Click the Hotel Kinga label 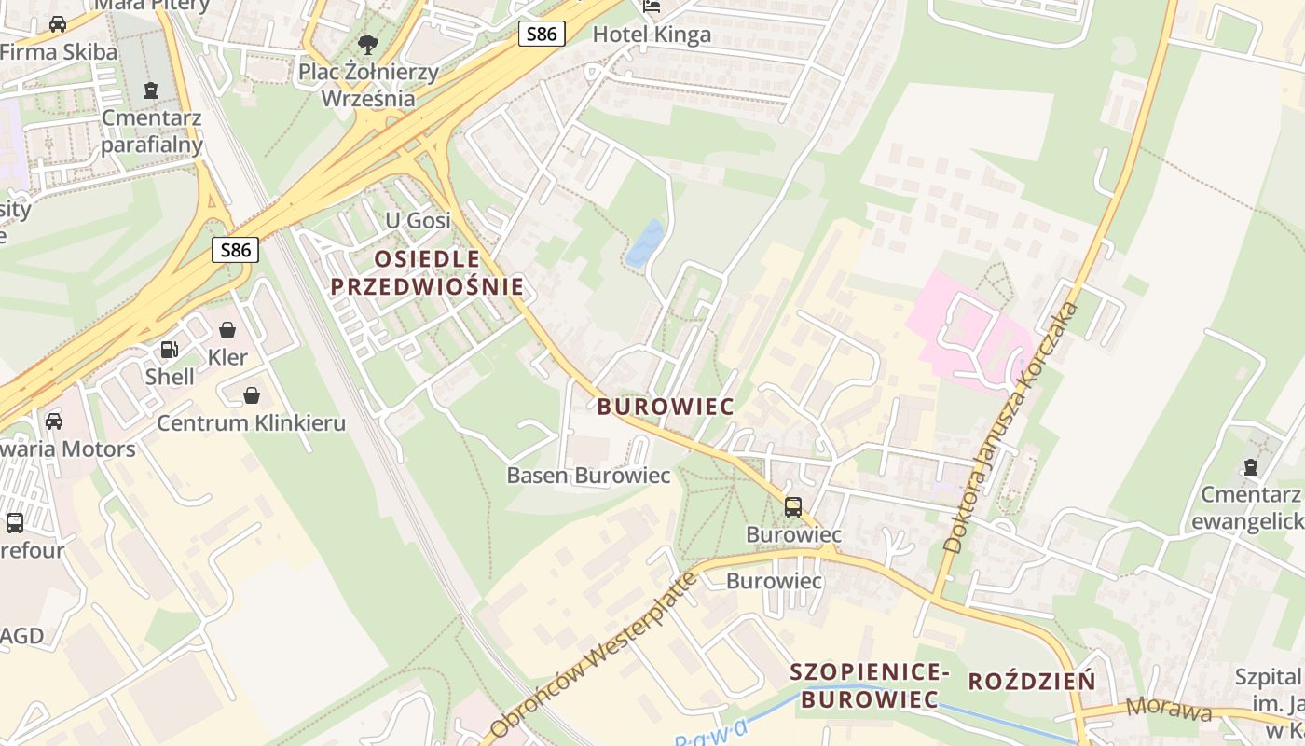pos(652,35)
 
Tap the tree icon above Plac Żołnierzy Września pos(368,44)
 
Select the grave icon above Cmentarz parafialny pos(151,90)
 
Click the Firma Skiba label pos(58,51)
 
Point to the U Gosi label pos(418,221)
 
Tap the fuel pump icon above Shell pos(170,350)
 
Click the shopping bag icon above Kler pos(227,330)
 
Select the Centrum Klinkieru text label pos(251,422)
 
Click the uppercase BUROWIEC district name pos(666,407)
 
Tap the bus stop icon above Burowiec pos(793,507)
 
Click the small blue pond pos(644,244)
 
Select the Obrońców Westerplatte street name pos(594,653)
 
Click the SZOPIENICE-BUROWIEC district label pos(870,685)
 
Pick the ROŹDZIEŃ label pos(1032,682)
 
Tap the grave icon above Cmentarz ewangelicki pos(1250,466)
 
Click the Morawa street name pos(1169,709)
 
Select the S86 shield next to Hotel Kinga pos(542,35)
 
